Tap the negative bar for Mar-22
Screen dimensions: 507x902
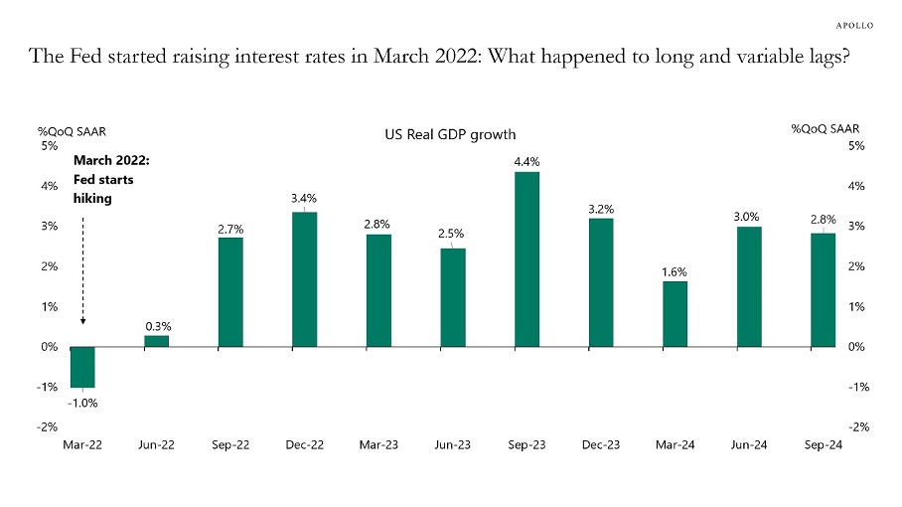click(x=82, y=367)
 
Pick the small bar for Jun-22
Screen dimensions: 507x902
click(x=157, y=341)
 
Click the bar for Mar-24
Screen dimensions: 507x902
click(x=675, y=314)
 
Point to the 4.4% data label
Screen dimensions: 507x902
click(x=526, y=161)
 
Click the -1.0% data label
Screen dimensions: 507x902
click(x=83, y=403)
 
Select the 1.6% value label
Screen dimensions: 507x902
click(x=675, y=271)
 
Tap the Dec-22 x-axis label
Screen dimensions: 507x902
click(x=305, y=446)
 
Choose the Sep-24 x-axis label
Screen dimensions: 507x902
click(x=823, y=446)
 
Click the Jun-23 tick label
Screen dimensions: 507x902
click(x=453, y=446)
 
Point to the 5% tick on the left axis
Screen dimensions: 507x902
click(x=49, y=146)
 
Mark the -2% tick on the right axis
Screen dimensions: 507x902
click(x=859, y=426)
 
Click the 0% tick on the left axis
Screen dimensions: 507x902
click(x=49, y=347)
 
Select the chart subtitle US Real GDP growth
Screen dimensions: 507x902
click(x=450, y=134)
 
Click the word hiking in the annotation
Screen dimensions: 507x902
click(x=93, y=198)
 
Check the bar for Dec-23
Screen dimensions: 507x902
click(x=601, y=282)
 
